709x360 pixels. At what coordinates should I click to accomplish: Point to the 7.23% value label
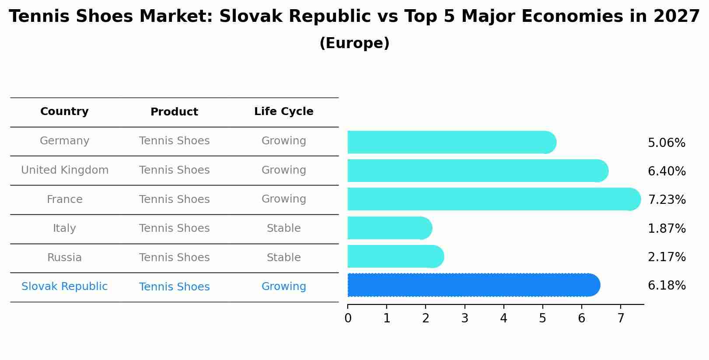pyautogui.click(x=667, y=200)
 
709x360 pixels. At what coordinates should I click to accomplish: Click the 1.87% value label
pyautogui.click(x=667, y=229)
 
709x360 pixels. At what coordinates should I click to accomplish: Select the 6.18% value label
pyautogui.click(x=667, y=286)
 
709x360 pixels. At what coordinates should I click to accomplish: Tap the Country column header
pyautogui.click(x=64, y=112)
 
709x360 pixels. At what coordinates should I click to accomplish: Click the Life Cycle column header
pyautogui.click(x=283, y=112)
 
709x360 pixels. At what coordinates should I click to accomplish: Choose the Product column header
pyautogui.click(x=174, y=112)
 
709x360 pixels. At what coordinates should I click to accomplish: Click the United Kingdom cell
pyautogui.click(x=65, y=170)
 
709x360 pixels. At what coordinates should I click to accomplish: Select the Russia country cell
pyautogui.click(x=64, y=258)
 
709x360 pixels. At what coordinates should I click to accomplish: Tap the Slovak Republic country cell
pyautogui.click(x=64, y=287)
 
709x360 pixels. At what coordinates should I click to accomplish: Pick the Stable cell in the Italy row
pyautogui.click(x=283, y=228)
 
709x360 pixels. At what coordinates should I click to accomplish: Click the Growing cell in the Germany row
pyautogui.click(x=283, y=141)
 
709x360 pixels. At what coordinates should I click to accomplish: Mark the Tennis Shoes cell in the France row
pyautogui.click(x=174, y=199)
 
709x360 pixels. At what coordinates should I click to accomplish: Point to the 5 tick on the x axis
pyautogui.click(x=542, y=318)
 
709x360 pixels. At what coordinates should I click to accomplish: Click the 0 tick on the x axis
pyautogui.click(x=348, y=318)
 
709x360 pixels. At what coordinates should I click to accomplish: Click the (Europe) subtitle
pyautogui.click(x=354, y=43)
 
